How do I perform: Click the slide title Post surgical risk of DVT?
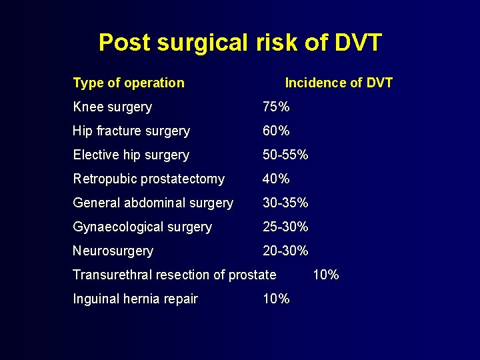[240, 43]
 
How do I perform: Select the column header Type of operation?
[128, 83]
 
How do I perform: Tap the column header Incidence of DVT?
[339, 83]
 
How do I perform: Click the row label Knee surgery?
[112, 107]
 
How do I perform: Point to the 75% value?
[276, 107]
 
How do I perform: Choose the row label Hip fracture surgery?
[131, 131]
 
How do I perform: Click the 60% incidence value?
[276, 131]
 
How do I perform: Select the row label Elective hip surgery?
[131, 155]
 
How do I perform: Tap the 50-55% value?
[285, 155]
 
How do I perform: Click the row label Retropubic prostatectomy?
[149, 179]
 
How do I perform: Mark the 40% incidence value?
[276, 179]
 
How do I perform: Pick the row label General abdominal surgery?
[153, 203]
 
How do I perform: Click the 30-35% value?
[285, 203]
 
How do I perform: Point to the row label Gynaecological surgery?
[142, 227]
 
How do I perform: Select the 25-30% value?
[285, 227]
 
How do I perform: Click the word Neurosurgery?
[113, 251]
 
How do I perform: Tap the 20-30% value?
[285, 251]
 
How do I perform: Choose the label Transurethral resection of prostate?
[174, 275]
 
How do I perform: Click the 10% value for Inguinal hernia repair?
[276, 299]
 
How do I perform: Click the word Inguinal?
[96, 299]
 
